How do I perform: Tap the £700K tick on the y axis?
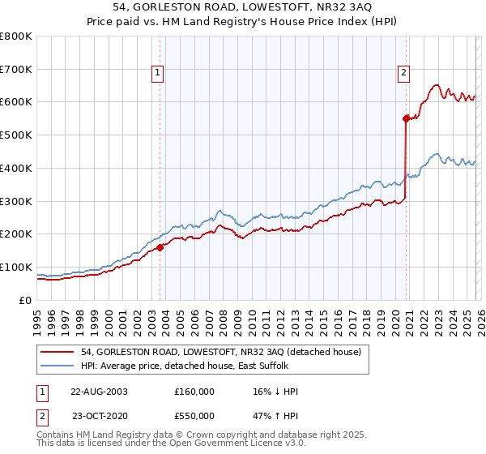tap(16, 70)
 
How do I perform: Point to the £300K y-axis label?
tap(16, 201)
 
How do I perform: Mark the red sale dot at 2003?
tap(160, 247)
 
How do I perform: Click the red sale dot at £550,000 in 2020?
tap(406, 118)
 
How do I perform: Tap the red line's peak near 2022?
tap(436, 84)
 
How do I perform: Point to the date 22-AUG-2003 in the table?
tap(99, 392)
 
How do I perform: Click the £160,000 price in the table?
tap(194, 392)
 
